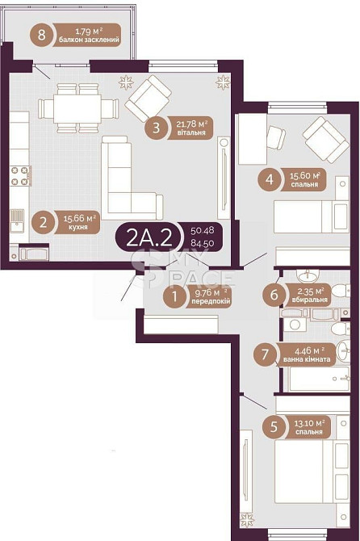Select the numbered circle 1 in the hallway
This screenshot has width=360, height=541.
point(175,296)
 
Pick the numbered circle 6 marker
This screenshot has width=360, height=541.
point(274,295)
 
